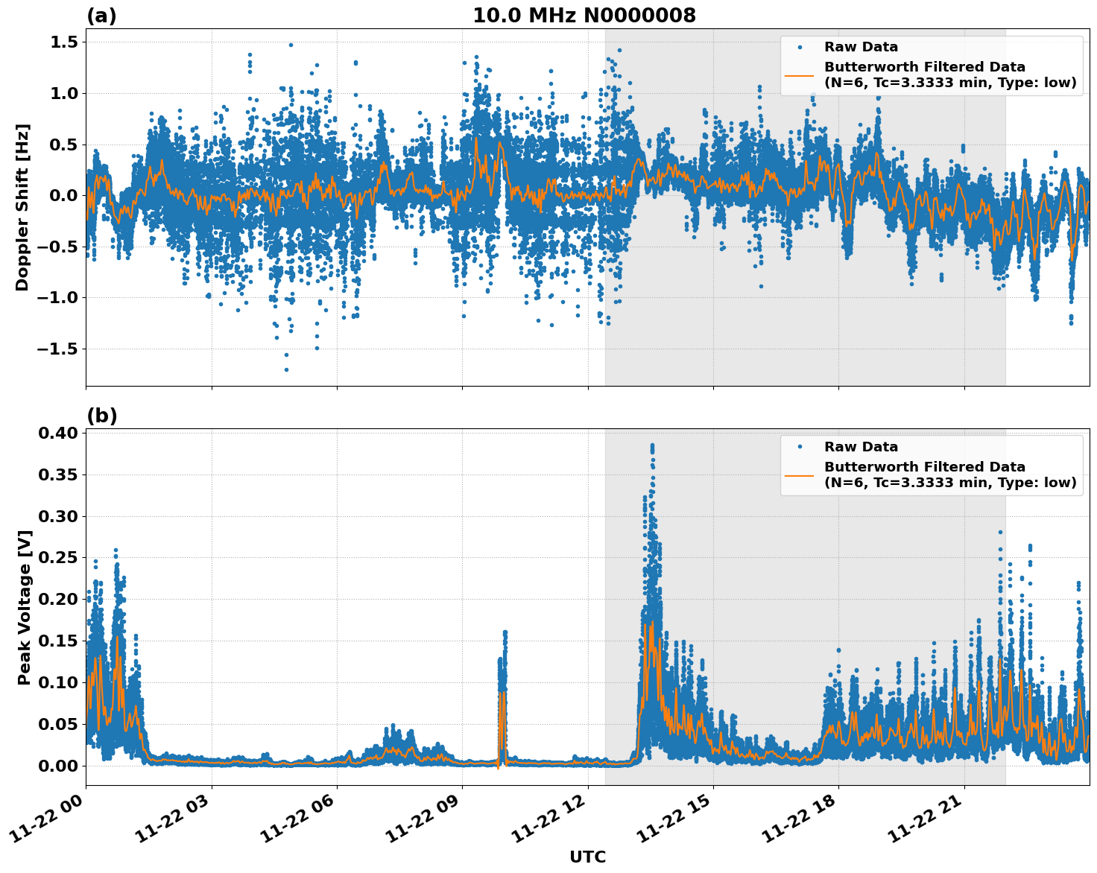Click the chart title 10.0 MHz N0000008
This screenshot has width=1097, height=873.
(584, 16)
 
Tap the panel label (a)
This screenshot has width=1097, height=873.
(101, 16)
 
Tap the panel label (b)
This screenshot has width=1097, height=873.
(101, 416)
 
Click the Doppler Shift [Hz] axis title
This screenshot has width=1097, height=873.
(22, 207)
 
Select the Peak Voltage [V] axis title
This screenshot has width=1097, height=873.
(25, 607)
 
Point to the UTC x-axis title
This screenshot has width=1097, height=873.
(587, 857)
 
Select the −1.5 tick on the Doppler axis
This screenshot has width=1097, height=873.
(58, 349)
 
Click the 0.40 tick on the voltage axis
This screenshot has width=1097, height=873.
(60, 434)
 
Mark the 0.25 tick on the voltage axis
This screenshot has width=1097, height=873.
(60, 558)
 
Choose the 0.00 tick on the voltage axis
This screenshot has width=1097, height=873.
(60, 766)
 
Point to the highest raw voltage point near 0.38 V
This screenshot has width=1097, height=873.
(652, 445)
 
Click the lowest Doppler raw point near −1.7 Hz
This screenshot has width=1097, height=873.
(286, 369)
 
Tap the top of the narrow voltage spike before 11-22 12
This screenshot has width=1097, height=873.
(505, 632)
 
